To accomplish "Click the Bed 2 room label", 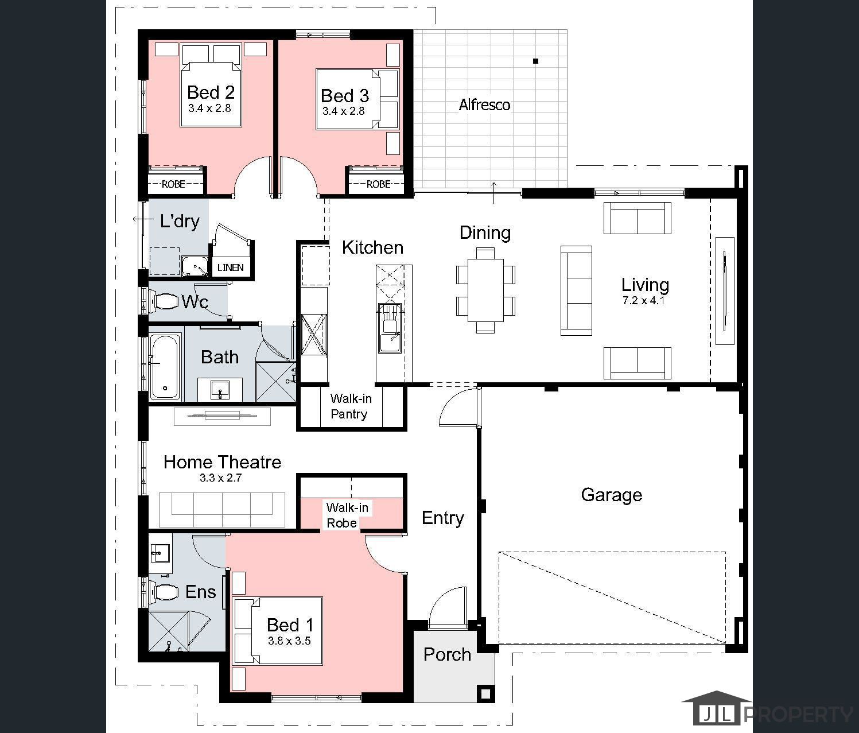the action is tap(211, 92).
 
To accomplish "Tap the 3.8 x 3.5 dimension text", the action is tap(289, 641).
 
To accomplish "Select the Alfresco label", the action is tap(484, 105).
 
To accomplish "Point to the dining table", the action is tap(485, 290).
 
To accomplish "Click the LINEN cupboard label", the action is tap(230, 267).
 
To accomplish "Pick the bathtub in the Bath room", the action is tap(165, 367).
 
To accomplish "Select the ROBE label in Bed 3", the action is tap(378, 184).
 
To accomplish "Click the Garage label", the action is tap(611, 495).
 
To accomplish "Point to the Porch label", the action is tap(447, 654).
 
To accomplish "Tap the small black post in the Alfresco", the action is tap(536, 61).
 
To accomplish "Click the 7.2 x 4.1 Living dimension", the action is tap(643, 300).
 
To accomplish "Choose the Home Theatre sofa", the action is tap(222, 510).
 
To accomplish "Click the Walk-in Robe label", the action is tap(347, 515).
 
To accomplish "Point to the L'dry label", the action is tap(180, 221).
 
